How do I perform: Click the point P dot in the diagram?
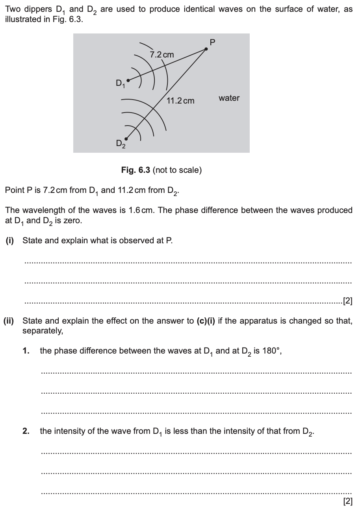point(206,49)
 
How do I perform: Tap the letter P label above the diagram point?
point(213,42)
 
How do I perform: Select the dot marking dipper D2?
point(126,139)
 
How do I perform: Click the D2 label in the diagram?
point(121,144)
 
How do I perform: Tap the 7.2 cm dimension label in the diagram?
point(162,55)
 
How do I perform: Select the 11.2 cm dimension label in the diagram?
point(180,101)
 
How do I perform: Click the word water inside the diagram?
point(229,98)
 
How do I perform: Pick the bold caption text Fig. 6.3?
point(135,170)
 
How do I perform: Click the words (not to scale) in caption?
point(177,170)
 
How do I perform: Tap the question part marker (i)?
point(9,241)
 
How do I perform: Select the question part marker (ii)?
point(9,321)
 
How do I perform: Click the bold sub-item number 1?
point(26,351)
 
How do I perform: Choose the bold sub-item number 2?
point(26,431)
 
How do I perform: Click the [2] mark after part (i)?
point(347,302)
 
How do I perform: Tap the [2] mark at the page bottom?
point(347,501)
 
